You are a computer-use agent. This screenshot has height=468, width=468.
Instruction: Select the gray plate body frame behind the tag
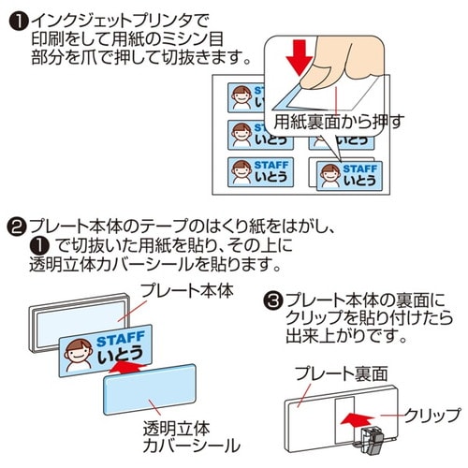[56, 323]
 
